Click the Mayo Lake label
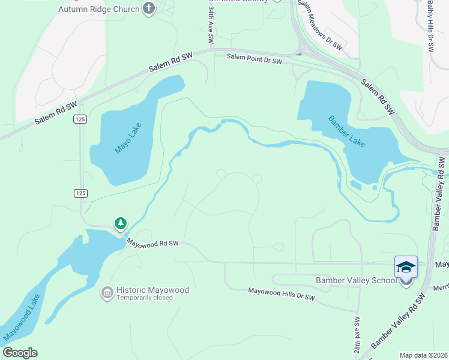[x=126, y=141]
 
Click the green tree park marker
[x=121, y=224]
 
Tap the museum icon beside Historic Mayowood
[x=107, y=293]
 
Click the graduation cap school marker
[x=406, y=266]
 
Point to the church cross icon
[x=149, y=8]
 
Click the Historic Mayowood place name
[x=152, y=290]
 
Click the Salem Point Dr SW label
[x=255, y=58]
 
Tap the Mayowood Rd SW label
[x=152, y=243]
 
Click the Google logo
[x=20, y=353]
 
